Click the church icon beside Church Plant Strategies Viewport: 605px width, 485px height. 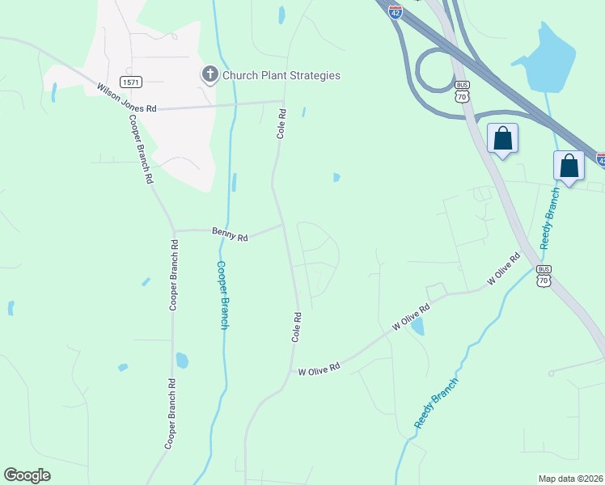point(209,75)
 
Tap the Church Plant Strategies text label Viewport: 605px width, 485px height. point(281,75)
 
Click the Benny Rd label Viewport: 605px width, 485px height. point(230,235)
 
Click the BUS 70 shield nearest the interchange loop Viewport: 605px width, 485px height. point(462,91)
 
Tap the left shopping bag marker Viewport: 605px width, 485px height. point(502,138)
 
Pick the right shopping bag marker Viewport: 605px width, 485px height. point(569,166)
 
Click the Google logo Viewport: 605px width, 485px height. point(27,475)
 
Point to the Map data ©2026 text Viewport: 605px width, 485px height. point(570,478)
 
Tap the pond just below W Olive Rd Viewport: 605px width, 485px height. point(417,327)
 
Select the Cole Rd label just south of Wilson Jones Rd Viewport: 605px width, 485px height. point(281,124)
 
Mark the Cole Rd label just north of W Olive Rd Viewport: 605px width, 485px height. point(297,325)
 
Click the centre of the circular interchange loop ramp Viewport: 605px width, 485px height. point(437,70)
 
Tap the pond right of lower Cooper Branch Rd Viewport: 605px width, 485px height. point(182,360)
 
